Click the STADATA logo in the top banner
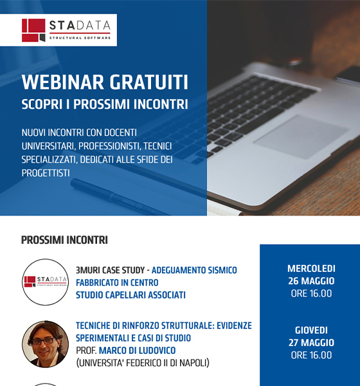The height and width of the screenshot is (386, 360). (66, 30)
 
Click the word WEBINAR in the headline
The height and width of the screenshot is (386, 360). (63, 82)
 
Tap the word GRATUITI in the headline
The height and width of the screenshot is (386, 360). (149, 82)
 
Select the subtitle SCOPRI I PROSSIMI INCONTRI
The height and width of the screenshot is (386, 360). (105, 104)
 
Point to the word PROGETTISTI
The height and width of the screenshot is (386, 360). (46, 173)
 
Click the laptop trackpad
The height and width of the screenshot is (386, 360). (301, 136)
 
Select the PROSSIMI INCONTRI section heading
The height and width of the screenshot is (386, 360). (64, 240)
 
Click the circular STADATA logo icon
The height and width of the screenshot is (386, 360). (46, 282)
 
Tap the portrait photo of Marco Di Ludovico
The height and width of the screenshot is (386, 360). (46, 344)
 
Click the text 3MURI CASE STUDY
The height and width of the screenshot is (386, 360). (110, 270)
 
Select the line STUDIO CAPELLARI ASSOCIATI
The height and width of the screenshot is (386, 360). (130, 295)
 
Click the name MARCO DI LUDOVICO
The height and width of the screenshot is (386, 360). (138, 351)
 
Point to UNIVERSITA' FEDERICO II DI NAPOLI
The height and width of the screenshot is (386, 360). (143, 363)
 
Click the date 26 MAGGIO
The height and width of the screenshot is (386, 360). (311, 281)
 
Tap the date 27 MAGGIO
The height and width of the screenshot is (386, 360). (311, 343)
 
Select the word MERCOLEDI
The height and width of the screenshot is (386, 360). (311, 268)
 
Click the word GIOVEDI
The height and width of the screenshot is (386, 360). (311, 331)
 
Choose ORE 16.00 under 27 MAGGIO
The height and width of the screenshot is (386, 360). (311, 355)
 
